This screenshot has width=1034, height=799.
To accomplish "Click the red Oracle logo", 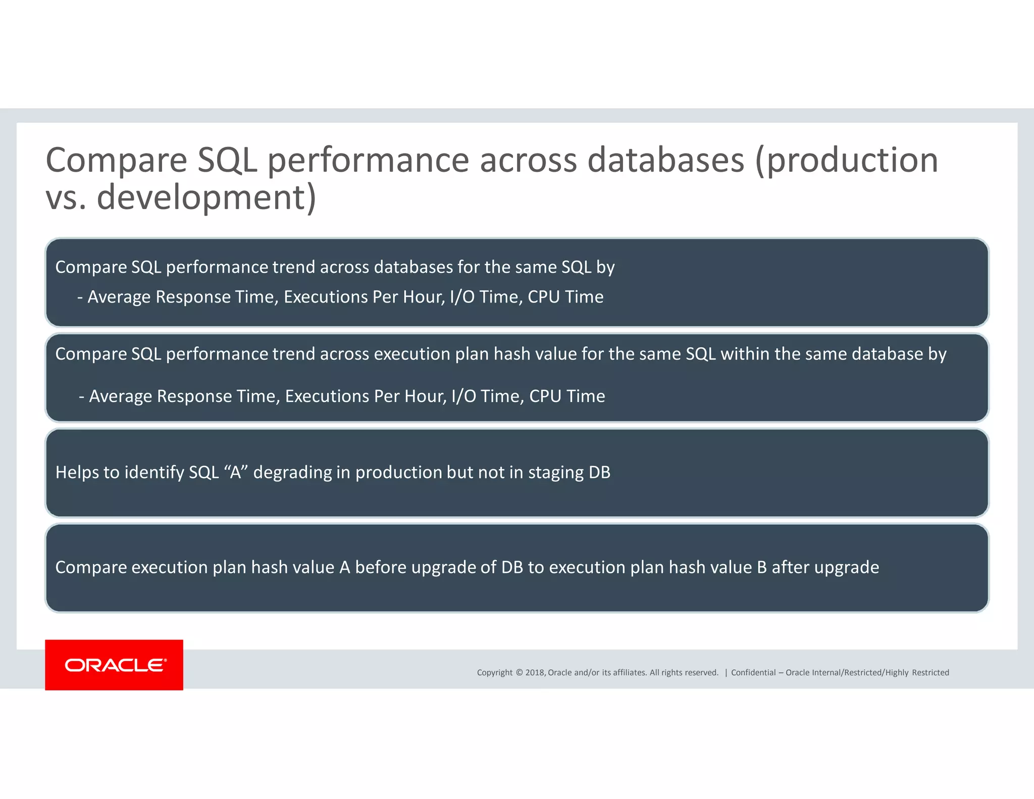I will [114, 665].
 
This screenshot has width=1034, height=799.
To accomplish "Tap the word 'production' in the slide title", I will [852, 161].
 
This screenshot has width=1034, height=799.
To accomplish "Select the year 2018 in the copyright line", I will [535, 672].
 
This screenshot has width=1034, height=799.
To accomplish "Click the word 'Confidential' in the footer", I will [753, 672].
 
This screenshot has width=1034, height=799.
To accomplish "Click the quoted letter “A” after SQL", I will [235, 472].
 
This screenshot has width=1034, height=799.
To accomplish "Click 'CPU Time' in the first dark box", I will [565, 297].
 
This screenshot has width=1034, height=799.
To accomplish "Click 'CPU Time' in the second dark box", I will [567, 396].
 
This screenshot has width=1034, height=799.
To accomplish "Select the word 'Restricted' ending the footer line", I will [930, 672].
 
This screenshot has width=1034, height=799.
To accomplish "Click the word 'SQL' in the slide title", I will [227, 161].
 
